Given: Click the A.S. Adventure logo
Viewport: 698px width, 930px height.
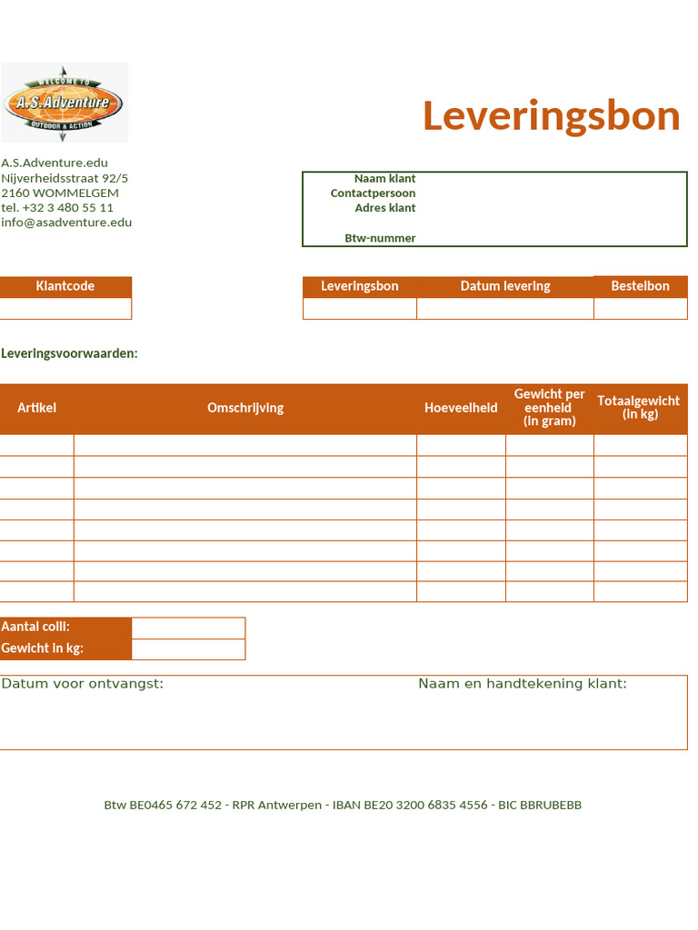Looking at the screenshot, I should click(64, 102).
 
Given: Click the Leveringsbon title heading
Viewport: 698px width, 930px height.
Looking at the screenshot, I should click(551, 116).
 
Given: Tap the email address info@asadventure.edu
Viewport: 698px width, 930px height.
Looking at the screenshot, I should click(66, 223).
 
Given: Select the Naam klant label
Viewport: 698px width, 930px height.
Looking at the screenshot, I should click(384, 179).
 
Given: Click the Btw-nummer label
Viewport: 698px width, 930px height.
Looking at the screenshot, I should click(380, 239).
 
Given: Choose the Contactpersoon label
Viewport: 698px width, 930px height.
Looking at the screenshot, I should click(373, 193).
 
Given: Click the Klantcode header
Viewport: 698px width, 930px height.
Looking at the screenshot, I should click(65, 286).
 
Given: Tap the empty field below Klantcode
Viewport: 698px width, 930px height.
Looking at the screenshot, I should click(65, 309).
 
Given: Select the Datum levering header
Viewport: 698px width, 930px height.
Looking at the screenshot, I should click(505, 286).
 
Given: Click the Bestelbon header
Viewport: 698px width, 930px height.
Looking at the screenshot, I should click(640, 286).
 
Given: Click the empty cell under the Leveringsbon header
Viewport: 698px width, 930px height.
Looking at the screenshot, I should click(360, 309).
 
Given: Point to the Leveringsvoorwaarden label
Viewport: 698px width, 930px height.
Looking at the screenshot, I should click(70, 353).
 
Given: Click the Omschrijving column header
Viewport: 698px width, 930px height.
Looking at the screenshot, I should click(245, 408).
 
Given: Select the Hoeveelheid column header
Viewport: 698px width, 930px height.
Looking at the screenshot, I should click(461, 408).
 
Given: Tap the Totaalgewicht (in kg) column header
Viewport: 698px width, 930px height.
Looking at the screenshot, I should click(640, 408).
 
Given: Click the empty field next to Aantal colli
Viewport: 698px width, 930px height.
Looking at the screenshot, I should click(188, 628).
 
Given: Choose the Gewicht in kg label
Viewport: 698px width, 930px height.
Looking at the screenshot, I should click(43, 648).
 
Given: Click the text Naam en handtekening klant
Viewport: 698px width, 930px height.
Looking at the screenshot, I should click(522, 684).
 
